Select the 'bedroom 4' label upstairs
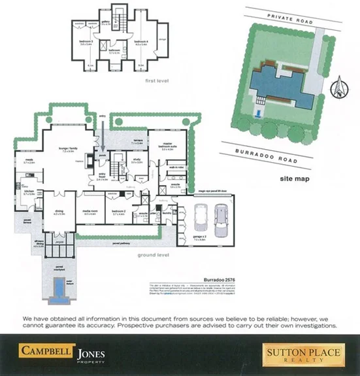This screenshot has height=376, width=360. [141, 41]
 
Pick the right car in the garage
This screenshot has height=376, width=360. [222, 215]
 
